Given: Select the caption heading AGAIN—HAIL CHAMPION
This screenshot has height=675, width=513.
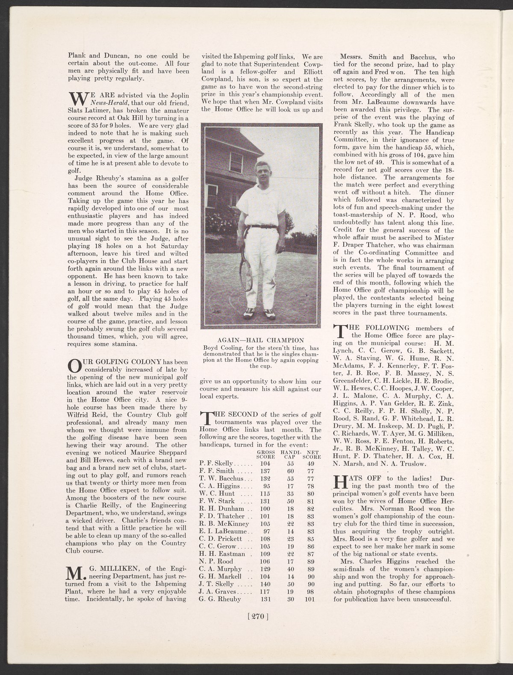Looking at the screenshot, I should click(261, 340).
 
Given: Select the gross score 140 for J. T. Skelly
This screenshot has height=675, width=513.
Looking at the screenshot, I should click(265, 584).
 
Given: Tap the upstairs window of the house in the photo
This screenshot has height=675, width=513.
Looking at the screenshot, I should click(236, 161).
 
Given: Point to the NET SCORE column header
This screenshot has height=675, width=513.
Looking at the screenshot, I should click(312, 454).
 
